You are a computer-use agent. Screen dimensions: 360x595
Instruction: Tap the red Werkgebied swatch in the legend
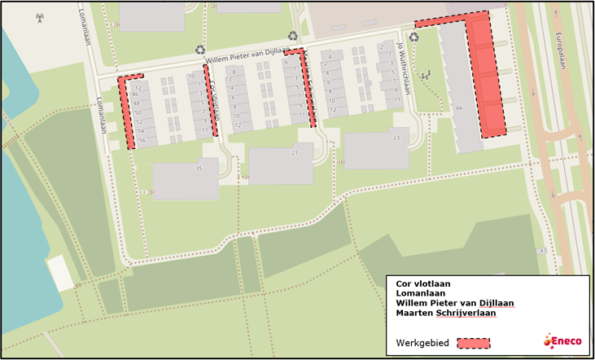(x=474, y=342)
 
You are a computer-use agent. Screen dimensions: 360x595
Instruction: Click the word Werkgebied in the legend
(x=421, y=342)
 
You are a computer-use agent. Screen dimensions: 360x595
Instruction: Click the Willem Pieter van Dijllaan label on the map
(x=245, y=55)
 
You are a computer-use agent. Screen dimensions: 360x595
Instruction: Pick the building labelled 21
(x=281, y=164)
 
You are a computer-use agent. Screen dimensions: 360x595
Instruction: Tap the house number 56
(x=141, y=140)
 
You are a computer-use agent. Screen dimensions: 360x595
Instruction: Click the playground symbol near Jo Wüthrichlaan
(x=423, y=76)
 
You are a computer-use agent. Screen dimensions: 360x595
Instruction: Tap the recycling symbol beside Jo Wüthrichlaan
(x=414, y=37)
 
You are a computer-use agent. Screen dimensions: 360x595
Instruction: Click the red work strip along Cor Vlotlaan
(x=210, y=101)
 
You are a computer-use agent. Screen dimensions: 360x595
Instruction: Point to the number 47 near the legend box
(x=543, y=250)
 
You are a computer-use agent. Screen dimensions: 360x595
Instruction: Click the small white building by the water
(x=59, y=273)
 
